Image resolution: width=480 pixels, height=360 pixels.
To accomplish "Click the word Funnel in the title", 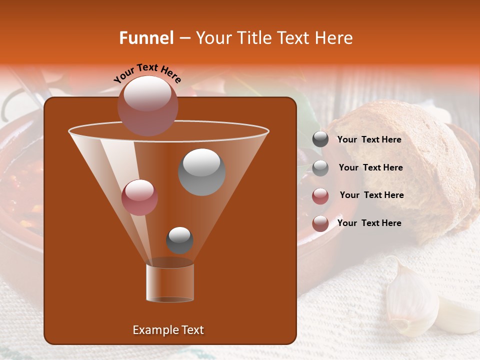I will (x=146, y=38).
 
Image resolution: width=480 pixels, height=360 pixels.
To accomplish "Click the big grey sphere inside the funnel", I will (x=201, y=171).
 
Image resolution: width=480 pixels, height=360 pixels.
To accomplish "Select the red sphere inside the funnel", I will (x=139, y=197).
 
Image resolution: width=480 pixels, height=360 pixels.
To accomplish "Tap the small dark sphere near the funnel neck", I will (x=179, y=240).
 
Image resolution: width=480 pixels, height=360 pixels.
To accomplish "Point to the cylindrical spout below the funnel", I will (x=170, y=282).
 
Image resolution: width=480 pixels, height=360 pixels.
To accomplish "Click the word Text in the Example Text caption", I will (x=192, y=330).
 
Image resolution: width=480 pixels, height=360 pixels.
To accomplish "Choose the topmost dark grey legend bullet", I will (x=320, y=139).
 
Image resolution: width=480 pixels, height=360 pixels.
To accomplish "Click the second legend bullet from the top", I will (x=320, y=168).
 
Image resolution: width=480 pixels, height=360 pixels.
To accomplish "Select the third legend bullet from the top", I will (x=320, y=196).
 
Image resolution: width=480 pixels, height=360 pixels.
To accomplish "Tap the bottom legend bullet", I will (x=320, y=223).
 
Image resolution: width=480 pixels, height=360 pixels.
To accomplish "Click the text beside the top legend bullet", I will (x=369, y=139).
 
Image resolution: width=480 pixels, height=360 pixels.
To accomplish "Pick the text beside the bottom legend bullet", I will (x=369, y=223).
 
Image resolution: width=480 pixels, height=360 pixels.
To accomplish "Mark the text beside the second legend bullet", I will (x=370, y=167).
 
